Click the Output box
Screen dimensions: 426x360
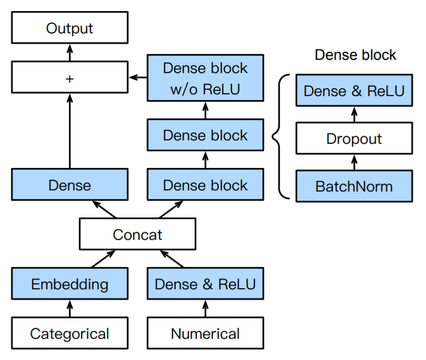(70, 28)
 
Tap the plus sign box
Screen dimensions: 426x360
(70, 77)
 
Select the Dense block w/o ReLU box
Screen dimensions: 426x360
(206, 78)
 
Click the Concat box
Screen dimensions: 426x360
(138, 233)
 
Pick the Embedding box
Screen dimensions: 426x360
(70, 284)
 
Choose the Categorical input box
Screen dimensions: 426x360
(70, 333)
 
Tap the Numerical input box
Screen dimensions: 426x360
(206, 333)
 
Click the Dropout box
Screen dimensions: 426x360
(354, 138)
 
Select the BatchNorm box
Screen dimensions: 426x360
(354, 186)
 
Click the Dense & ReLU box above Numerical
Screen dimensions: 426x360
(206, 284)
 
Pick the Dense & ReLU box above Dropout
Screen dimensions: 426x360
(354, 90)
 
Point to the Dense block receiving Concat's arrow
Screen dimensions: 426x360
(206, 185)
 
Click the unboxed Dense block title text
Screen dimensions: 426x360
(355, 55)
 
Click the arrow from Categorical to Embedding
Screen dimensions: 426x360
(70, 308)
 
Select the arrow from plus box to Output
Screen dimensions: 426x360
(70, 52)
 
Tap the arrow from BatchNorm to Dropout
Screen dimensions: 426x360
(354, 162)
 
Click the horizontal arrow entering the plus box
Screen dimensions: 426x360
(138, 78)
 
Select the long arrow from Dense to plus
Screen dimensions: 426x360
(70, 131)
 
